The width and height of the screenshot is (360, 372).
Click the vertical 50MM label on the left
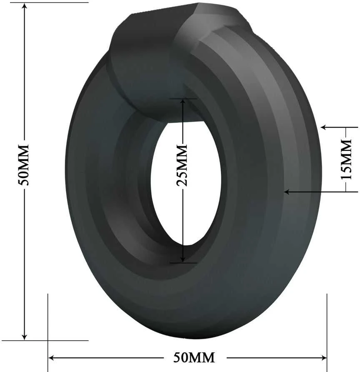[24, 164]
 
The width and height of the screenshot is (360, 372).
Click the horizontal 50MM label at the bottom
[194, 357]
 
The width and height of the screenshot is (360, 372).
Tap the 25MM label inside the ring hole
[182, 165]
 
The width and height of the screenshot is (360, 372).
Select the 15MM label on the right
[346, 159]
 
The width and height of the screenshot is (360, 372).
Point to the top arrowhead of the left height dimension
[24, 6]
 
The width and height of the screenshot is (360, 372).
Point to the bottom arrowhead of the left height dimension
[24, 337]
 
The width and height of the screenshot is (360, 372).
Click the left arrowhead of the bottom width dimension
[51, 357]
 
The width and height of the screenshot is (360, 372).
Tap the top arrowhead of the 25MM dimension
[182, 102]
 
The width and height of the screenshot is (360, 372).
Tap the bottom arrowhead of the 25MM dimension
[182, 259]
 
